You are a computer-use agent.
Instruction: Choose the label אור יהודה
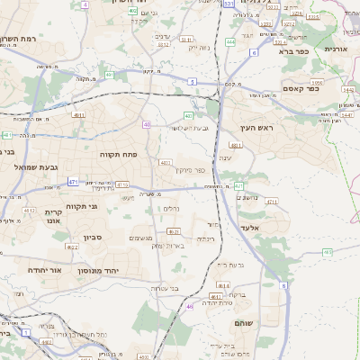44,270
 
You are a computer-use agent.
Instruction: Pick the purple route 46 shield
190,307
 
